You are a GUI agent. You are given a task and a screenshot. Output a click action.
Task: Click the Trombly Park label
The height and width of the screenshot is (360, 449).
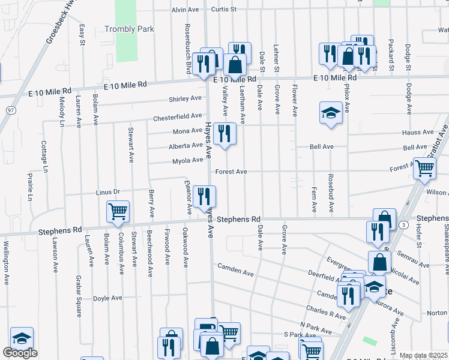(x=129, y=29)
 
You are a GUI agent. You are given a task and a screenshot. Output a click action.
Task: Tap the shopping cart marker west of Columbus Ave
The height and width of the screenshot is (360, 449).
(x=117, y=211)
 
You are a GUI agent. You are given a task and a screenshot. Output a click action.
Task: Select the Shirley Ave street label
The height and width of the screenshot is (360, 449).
(x=185, y=98)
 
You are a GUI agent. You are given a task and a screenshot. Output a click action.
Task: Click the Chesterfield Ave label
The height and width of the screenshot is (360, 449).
(x=177, y=116)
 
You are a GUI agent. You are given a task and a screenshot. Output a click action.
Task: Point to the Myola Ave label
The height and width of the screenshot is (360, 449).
(x=188, y=160)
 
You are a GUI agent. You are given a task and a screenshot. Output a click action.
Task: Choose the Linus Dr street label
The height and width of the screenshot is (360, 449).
(x=108, y=192)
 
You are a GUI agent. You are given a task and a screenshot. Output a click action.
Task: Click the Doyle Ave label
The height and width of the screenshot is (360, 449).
(x=107, y=298)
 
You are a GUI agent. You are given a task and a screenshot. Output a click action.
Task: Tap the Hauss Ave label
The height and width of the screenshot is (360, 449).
(x=418, y=132)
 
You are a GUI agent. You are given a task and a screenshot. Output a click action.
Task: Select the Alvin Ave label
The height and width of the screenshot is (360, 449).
(x=185, y=10)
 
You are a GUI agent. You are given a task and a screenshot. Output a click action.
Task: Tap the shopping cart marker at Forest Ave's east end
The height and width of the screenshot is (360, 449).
(x=424, y=168)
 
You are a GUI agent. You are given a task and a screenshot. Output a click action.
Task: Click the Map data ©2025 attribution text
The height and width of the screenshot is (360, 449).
(x=423, y=356)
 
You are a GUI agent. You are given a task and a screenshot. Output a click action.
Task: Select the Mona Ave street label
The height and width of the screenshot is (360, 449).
(x=187, y=131)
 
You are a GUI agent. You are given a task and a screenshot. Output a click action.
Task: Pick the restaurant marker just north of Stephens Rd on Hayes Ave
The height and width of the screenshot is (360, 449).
(x=205, y=196)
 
